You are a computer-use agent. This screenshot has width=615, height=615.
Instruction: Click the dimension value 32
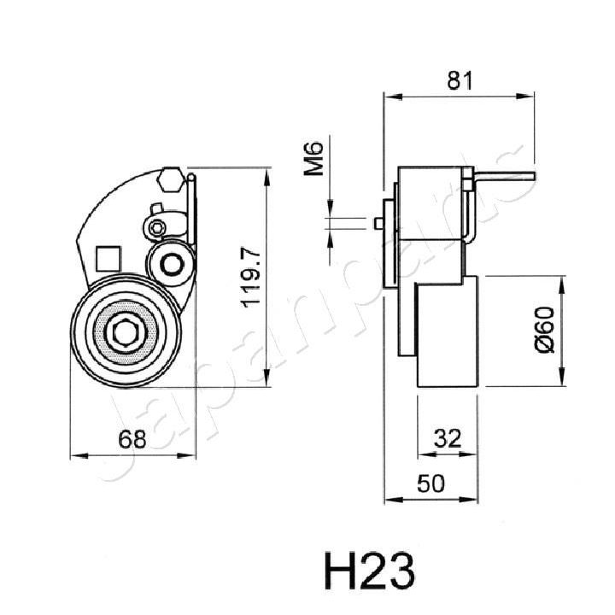(447, 439)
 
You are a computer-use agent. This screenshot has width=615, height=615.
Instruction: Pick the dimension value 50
(431, 483)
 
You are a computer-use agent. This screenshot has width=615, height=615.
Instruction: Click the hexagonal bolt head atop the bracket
(169, 180)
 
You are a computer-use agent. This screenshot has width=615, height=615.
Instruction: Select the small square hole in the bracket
(107, 257)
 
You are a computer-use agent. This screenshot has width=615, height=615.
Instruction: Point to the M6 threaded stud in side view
(378, 223)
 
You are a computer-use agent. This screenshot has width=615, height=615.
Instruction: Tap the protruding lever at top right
(504, 177)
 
